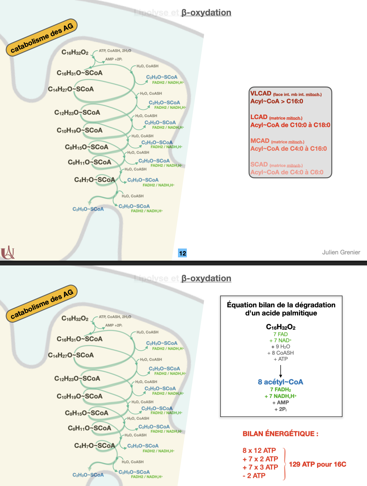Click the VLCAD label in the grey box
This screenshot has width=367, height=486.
(x=261, y=93)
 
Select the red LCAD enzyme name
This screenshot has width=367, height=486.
(x=259, y=117)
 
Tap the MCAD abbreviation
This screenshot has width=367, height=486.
(x=260, y=141)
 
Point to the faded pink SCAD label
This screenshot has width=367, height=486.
(x=259, y=164)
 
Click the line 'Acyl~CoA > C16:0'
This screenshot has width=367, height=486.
(x=277, y=101)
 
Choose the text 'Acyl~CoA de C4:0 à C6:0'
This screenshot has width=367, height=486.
(x=287, y=172)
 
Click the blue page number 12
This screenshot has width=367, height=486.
(x=182, y=253)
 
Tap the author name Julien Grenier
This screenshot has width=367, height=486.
(x=341, y=252)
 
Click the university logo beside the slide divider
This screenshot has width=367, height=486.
(x=8, y=253)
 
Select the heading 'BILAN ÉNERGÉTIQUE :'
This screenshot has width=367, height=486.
(x=280, y=434)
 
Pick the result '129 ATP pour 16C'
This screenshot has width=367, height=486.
(x=317, y=464)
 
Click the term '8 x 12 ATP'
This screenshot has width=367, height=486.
(x=259, y=451)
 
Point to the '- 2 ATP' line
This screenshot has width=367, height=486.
(x=254, y=476)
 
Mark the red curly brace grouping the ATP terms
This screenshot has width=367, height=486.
(x=284, y=464)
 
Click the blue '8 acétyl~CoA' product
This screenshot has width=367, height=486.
(x=281, y=382)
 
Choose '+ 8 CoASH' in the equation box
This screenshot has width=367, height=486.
(x=281, y=353)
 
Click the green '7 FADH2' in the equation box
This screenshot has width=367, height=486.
(x=281, y=390)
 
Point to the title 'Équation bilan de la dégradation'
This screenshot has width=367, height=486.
(x=281, y=305)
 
